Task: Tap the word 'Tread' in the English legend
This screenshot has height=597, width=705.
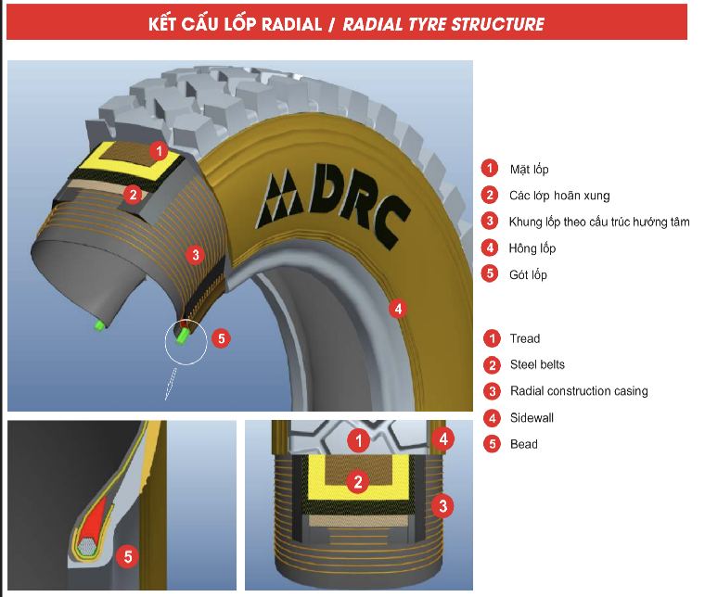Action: coord(524,338)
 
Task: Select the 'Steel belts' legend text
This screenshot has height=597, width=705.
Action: coord(537,364)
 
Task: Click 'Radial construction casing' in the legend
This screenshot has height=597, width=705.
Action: coord(579,391)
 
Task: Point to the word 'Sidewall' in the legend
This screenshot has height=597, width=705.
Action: coord(532,418)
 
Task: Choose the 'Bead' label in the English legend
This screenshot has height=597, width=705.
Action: coord(523,444)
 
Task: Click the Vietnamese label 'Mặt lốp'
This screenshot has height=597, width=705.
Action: coord(529,169)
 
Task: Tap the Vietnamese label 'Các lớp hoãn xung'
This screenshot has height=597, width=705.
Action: coord(559,196)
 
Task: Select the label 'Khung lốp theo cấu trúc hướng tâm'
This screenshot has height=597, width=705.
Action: coord(598,222)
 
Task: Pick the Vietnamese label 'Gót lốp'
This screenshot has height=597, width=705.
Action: coord(528,274)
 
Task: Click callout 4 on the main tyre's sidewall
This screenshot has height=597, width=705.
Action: coord(397,308)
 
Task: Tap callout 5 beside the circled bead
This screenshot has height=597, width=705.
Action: coord(220,338)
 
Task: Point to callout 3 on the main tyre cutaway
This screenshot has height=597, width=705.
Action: coord(194,254)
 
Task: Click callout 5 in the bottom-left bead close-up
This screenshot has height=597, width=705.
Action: coord(129,556)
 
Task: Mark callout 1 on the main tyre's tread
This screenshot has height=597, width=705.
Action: coord(159,149)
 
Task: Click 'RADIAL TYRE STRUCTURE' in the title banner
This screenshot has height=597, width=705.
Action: coord(443,24)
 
